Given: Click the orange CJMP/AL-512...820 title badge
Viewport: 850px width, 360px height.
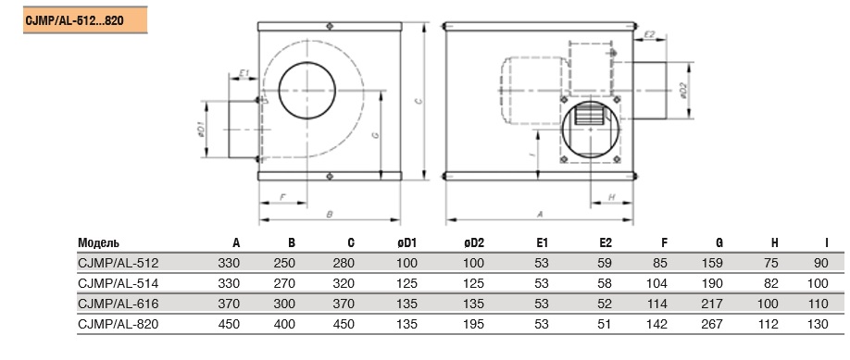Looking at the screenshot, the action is [85, 20].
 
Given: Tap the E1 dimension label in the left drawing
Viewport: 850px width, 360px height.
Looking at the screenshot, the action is [244, 73].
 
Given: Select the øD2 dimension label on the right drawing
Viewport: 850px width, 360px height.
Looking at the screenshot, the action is [683, 90].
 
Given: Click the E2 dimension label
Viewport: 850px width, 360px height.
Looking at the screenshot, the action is [650, 34].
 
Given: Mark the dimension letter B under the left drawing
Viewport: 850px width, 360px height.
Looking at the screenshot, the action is [329, 214].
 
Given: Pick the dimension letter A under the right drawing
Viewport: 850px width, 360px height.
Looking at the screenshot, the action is [540, 214].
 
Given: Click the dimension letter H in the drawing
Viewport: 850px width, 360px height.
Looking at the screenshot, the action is [611, 197].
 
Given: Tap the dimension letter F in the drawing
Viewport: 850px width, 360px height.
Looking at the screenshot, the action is [282, 197].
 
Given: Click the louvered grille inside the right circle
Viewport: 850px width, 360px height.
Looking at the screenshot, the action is [588, 115].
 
